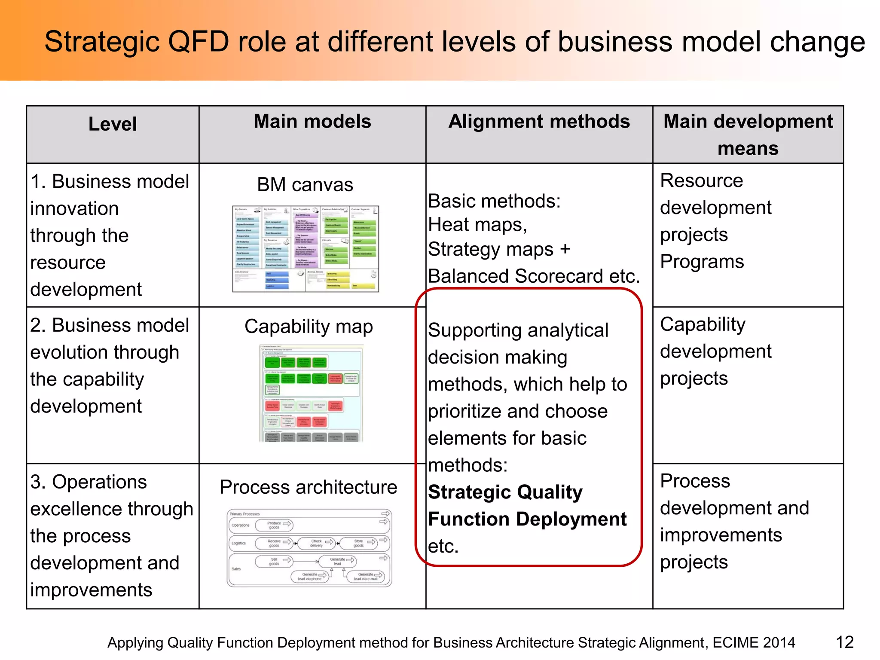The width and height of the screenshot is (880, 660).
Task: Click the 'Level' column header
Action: [x=113, y=124]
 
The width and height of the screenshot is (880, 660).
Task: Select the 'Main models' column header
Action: [x=312, y=122]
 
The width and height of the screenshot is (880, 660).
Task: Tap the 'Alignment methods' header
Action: [x=539, y=122]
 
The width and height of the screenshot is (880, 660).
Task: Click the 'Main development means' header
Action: [x=748, y=134]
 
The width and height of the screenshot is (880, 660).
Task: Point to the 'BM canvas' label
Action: [x=305, y=185]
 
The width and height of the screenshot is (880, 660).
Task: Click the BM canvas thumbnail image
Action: [x=306, y=249]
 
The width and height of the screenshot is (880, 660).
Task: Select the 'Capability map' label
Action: [x=309, y=327]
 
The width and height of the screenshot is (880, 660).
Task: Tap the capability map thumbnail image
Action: [x=311, y=393]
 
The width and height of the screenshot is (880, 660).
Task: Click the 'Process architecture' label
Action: [x=308, y=487]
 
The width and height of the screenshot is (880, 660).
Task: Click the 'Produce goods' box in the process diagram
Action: [x=274, y=525]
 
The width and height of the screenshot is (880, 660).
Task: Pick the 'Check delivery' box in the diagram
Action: [x=317, y=543]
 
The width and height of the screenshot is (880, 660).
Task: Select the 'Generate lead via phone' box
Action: [x=310, y=577]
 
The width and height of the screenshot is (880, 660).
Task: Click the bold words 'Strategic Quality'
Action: [x=505, y=492]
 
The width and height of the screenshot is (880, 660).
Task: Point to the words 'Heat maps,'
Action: [x=477, y=225]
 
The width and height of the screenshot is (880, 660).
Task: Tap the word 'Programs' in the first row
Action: [x=702, y=262]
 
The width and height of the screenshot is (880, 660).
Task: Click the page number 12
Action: [x=844, y=642]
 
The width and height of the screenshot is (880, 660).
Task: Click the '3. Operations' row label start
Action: [x=89, y=482]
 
